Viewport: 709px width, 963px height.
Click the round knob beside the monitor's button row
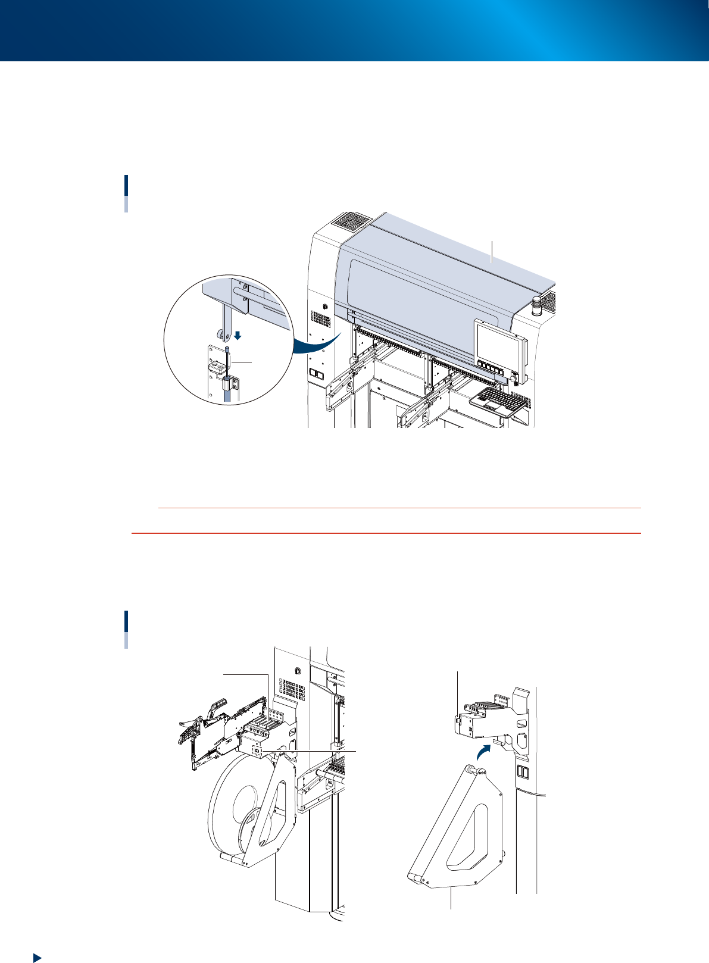[513, 378]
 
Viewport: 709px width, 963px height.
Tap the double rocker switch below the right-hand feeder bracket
[522, 773]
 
